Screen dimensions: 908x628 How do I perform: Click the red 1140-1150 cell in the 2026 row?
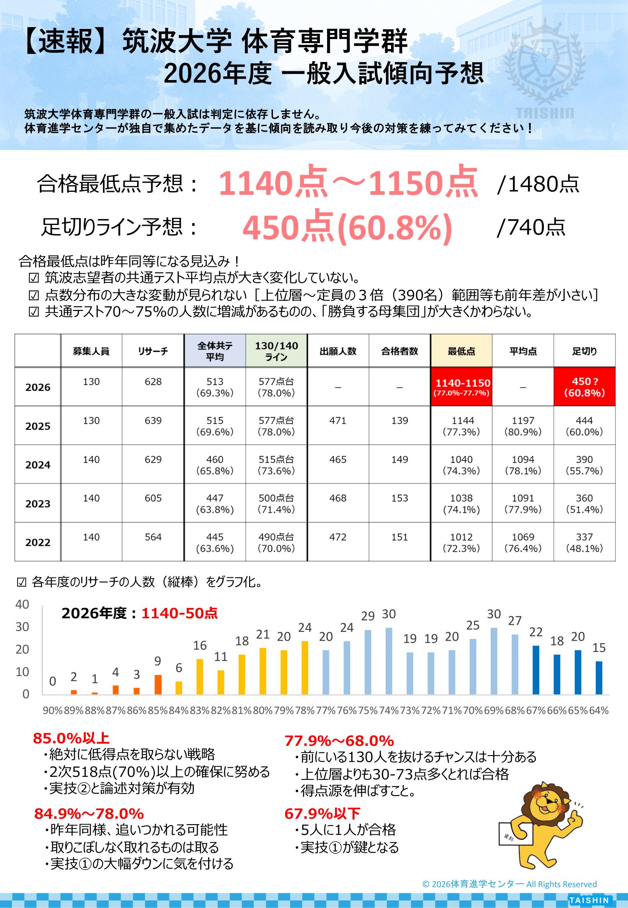(x=461, y=387)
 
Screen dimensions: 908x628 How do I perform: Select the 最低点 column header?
(x=461, y=351)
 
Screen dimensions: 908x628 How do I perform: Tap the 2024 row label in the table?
(x=38, y=465)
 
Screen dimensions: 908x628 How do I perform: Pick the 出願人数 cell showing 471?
(x=338, y=421)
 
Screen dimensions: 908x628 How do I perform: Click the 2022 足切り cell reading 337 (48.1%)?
(x=584, y=542)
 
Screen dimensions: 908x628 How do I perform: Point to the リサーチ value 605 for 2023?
(x=153, y=498)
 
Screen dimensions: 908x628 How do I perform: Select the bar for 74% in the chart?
(x=389, y=661)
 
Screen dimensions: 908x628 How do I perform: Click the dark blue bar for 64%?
(x=599, y=678)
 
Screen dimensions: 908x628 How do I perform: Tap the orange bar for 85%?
(x=158, y=684)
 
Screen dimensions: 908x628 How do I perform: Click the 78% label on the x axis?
(x=305, y=711)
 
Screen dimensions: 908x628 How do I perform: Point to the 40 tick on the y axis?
(x=22, y=605)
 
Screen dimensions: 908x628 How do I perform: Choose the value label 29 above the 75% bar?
(x=368, y=616)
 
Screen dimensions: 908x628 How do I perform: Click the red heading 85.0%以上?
(x=71, y=738)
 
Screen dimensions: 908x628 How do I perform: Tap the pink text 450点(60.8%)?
(x=347, y=228)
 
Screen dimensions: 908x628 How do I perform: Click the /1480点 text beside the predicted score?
(x=538, y=184)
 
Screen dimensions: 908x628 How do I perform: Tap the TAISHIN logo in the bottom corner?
(x=589, y=900)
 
